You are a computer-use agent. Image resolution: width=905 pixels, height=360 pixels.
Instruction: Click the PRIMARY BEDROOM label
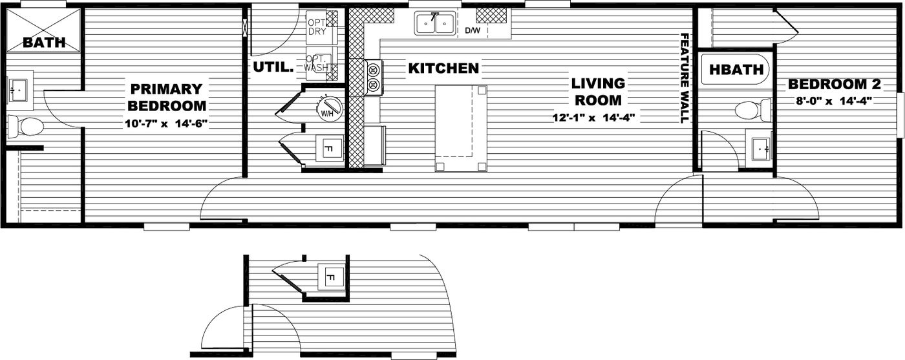(167, 97)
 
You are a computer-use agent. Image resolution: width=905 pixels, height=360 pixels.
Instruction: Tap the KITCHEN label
(443, 68)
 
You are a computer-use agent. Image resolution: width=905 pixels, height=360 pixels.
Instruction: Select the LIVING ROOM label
(598, 92)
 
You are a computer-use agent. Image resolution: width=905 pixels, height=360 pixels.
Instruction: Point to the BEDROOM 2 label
(827, 84)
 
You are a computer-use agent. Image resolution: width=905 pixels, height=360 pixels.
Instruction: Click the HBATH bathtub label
(737, 70)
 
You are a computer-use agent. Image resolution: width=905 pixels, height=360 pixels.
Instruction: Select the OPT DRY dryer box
(317, 26)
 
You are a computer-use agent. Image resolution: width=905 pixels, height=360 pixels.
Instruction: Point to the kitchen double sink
(434, 24)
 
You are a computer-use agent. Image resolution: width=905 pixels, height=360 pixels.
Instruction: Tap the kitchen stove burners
(373, 77)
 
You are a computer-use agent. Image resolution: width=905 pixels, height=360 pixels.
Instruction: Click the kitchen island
(461, 127)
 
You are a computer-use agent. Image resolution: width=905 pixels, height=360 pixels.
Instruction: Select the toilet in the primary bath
(26, 127)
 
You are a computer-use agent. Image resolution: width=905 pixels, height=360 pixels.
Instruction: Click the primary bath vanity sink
(17, 89)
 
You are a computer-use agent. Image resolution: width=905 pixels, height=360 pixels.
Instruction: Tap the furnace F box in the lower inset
(330, 278)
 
